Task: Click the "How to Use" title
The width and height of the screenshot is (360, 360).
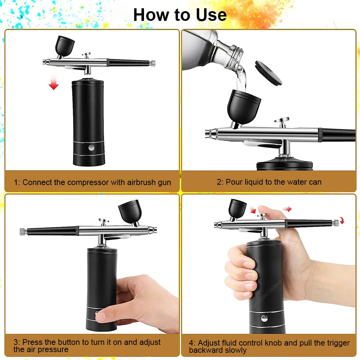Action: click(x=180, y=15)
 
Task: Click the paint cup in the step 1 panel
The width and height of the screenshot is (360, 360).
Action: click(x=64, y=45)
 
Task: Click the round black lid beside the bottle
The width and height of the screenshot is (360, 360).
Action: click(x=268, y=73)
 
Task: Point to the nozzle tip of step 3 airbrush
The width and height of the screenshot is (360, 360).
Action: click(x=155, y=229)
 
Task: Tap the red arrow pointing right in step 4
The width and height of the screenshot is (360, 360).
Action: click(x=287, y=209)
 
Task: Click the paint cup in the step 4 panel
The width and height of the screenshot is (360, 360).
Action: click(x=238, y=208)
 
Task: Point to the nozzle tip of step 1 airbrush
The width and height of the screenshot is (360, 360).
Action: click(x=44, y=62)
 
